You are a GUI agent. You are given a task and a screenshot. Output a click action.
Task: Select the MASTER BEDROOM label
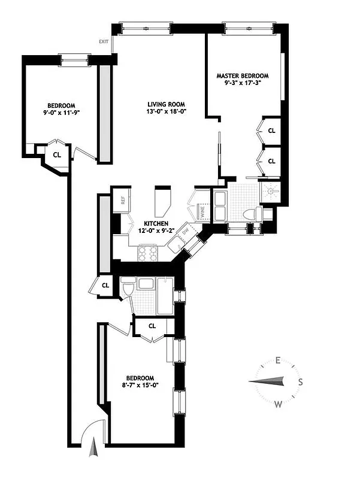[x=243, y=76]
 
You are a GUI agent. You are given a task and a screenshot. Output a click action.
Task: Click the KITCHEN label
[x=147, y=223]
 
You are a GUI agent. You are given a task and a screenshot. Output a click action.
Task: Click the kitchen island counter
[x=162, y=202]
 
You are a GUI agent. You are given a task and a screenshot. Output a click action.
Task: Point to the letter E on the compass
[x=278, y=360]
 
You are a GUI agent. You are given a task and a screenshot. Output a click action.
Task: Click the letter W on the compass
[x=279, y=405]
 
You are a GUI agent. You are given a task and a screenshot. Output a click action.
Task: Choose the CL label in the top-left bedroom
[x=57, y=154]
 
